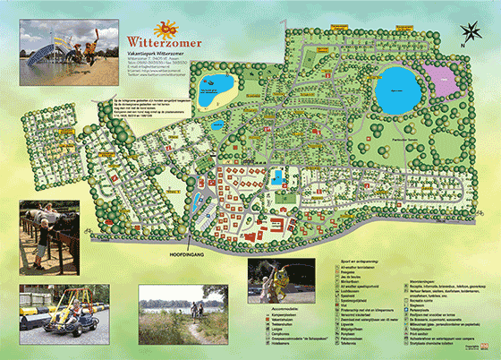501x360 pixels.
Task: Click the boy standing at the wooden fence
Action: pos(47,235)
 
